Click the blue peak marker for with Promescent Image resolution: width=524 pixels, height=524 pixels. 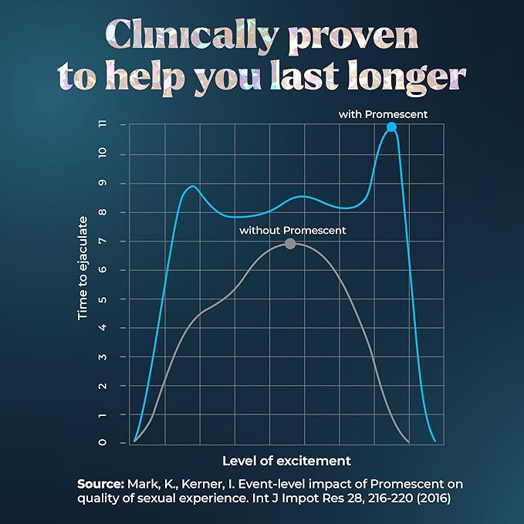pos(391,127)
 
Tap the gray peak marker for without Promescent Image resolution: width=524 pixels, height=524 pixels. pos(290,243)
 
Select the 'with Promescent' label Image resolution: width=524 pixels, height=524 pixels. pos(383,114)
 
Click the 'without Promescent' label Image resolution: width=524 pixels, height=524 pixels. pos(292,230)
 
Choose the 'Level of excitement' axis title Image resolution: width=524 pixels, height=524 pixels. pos(286,461)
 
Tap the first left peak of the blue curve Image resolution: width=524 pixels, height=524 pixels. pos(192,186)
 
